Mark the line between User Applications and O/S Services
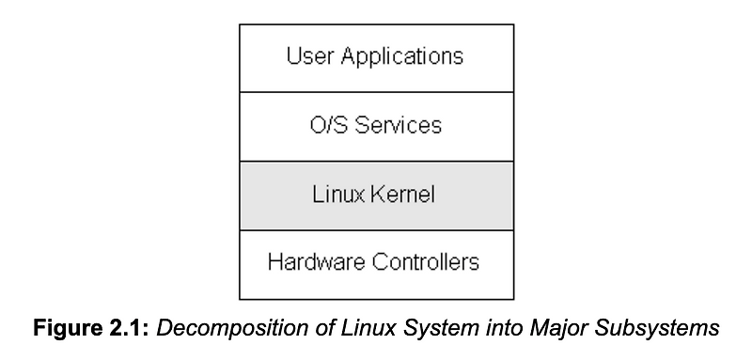point(376,92)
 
